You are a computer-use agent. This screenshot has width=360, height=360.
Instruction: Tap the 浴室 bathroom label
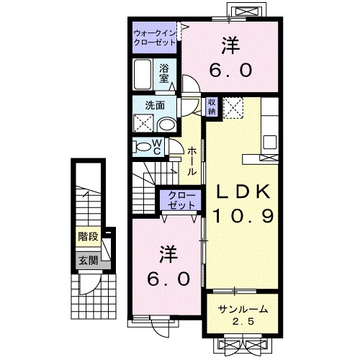point(165,73)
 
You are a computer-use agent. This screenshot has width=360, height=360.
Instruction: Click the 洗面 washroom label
point(155,104)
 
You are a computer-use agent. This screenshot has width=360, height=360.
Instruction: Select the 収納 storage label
point(212,106)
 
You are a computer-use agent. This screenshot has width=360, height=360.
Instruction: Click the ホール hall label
point(192,162)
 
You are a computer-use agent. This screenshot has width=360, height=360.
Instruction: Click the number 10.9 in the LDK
point(243,215)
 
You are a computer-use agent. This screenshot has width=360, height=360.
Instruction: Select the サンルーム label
point(243,310)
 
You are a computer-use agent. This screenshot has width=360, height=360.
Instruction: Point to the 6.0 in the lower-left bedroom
point(168,277)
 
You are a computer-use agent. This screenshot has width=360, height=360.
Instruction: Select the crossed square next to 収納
point(231,107)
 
